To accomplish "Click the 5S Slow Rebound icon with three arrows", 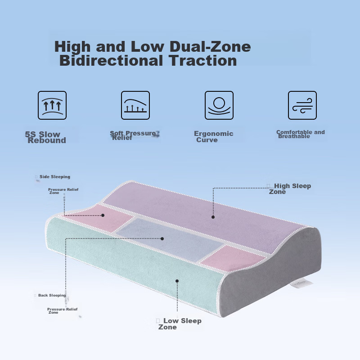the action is [x=52, y=105].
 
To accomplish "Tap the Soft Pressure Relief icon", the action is [x=135, y=105].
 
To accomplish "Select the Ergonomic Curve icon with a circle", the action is [x=219, y=105].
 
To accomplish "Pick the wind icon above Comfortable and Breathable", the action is [x=302, y=105].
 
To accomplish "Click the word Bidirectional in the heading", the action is [x=111, y=61].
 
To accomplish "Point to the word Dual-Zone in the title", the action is [x=210, y=46].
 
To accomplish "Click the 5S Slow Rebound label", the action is [x=45, y=137].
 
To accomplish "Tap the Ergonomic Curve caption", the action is [x=213, y=137].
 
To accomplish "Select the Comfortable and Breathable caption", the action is [x=300, y=134].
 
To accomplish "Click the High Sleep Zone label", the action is [x=290, y=189].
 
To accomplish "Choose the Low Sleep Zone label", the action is [x=180, y=324].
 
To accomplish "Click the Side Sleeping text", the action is [x=55, y=176].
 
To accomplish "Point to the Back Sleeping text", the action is [x=52, y=295].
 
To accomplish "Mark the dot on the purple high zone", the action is [x=213, y=217].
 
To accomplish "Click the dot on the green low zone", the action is [x=177, y=281].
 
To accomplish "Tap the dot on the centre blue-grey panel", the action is [x=162, y=239].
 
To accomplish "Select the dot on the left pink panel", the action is [x=103, y=216].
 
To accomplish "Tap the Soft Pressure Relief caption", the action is [x=133, y=135].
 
